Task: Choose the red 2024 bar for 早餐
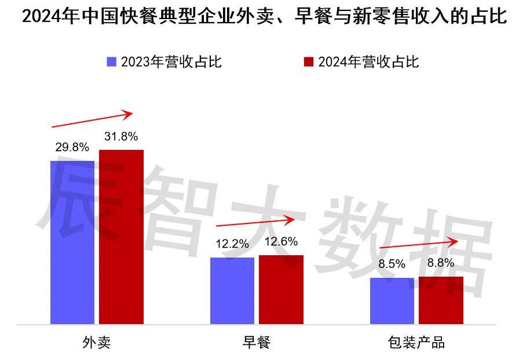[281, 289]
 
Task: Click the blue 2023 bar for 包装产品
[392, 300]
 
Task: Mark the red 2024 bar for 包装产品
[441, 300]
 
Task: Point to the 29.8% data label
[72, 147]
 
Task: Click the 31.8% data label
[121, 137]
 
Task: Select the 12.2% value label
[232, 244]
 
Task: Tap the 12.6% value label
[281, 242]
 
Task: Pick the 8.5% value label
[392, 265]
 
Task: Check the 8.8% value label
[441, 263]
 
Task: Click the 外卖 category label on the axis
[96, 343]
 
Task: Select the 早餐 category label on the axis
[256, 343]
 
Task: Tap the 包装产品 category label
[416, 343]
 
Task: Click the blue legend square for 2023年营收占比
[112, 62]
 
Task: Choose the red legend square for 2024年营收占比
[309, 62]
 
